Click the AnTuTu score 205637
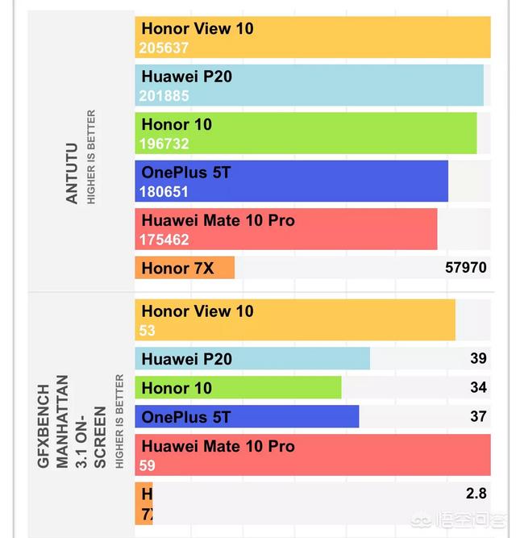(x=164, y=48)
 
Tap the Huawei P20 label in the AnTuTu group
(x=186, y=77)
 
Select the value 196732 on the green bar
(x=164, y=144)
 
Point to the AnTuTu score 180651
(x=164, y=192)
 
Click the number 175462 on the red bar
(x=164, y=240)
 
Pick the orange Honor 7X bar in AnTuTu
(x=185, y=268)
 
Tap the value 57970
(x=466, y=266)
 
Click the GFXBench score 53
(x=147, y=331)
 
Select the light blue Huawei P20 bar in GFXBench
(x=252, y=359)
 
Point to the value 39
(x=478, y=358)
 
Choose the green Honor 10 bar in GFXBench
(x=238, y=388)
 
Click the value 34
(x=478, y=387)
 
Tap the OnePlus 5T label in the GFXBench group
(x=185, y=417)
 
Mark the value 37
(x=478, y=416)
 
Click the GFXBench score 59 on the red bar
(x=147, y=465)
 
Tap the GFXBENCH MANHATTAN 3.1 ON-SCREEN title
(x=72, y=420)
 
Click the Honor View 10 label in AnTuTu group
(x=197, y=28)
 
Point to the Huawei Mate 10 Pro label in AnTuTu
(x=218, y=220)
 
